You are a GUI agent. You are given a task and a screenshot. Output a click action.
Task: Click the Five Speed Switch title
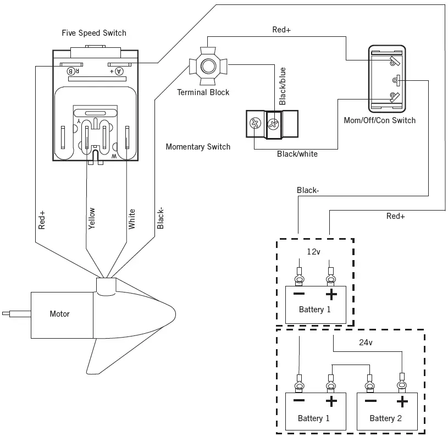coord(93,33)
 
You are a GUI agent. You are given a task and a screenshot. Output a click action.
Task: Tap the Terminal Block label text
coord(203,92)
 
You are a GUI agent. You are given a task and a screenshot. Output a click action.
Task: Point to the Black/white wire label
coord(297,154)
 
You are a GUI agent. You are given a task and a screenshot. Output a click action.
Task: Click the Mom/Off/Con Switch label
coord(387,120)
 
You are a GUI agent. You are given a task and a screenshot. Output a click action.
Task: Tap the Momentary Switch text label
coord(198,147)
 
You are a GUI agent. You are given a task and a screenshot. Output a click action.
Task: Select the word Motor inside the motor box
coord(59,314)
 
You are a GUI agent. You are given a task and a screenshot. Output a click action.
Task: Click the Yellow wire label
coord(92,218)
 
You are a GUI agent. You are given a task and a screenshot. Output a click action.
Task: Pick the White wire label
coord(132,219)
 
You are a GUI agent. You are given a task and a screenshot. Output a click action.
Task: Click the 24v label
coord(365,343)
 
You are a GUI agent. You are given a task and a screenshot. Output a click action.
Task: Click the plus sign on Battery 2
coord(402,401)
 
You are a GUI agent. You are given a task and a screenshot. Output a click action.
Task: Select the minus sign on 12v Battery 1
coord(299,295)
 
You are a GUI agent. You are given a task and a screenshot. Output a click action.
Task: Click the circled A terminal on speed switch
coord(119,71)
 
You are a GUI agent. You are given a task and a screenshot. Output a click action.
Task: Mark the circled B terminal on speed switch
coord(71,71)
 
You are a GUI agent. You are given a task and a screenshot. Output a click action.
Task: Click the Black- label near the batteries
coord(307,190)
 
